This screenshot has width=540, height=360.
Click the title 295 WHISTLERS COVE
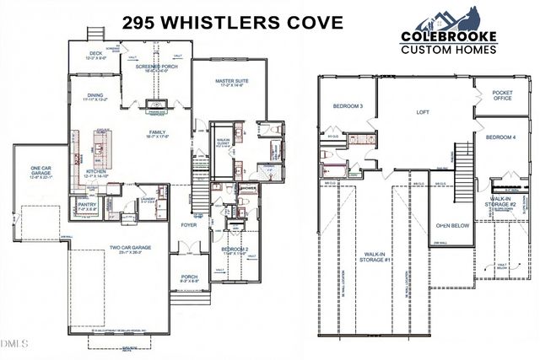point(232,23)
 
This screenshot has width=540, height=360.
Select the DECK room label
point(96,55)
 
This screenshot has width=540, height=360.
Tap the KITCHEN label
point(94,172)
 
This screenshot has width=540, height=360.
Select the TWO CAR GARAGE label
point(129,249)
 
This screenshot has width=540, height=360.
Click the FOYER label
point(189,226)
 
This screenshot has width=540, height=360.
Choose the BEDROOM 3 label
point(348,106)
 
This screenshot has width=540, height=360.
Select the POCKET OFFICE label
point(503,95)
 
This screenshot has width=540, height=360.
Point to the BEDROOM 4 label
point(500,137)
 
